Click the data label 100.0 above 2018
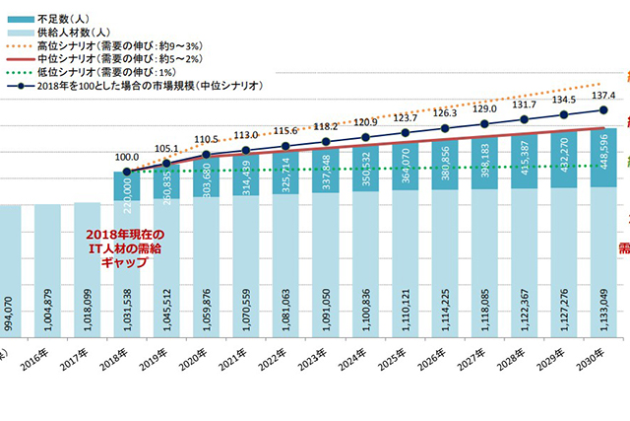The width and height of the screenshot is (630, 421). pos(127,156)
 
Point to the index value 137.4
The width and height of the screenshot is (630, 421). pos(603,96)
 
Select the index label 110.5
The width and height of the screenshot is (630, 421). pos(207,139)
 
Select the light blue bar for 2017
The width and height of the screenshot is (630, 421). pos(87,276)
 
